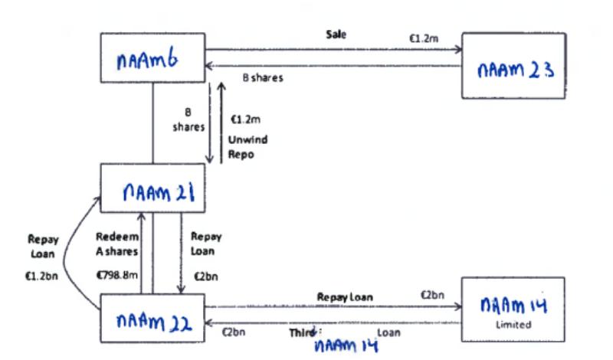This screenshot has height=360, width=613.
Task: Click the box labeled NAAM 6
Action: (x=152, y=58)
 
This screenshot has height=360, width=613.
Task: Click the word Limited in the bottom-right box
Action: (x=513, y=325)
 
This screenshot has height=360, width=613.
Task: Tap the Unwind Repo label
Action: (x=242, y=146)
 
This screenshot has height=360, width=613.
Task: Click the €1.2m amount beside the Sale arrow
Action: (x=423, y=36)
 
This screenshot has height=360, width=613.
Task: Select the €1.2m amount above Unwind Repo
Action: (x=245, y=119)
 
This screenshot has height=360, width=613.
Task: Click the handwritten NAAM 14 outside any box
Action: (x=347, y=346)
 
